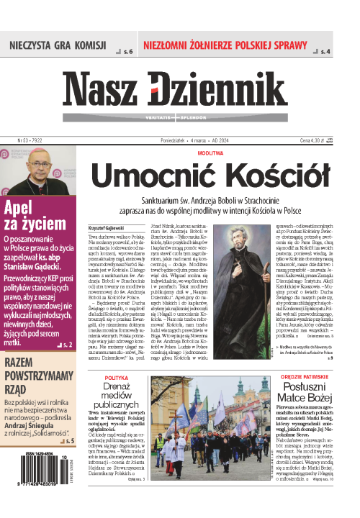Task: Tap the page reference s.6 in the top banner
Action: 128,52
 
